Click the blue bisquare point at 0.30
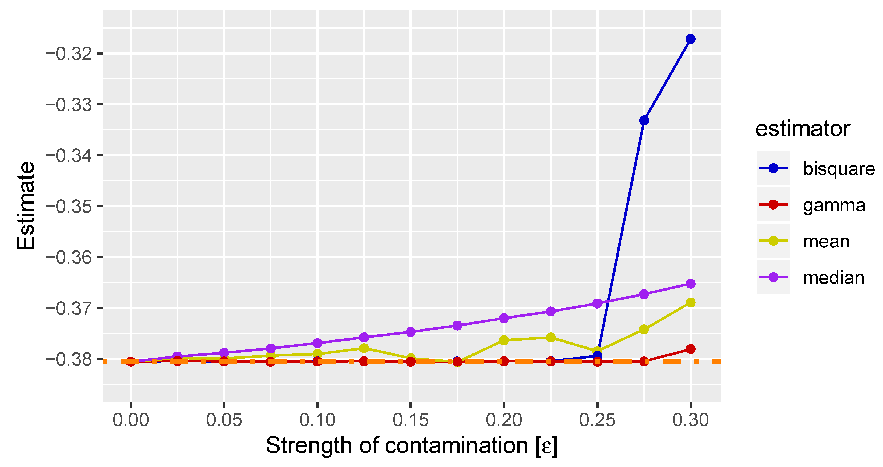[x=690, y=39]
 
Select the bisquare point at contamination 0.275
[x=644, y=120]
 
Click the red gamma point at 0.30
[x=690, y=349]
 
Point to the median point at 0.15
[x=410, y=332]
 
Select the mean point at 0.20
[x=504, y=340]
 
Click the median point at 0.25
[x=597, y=303]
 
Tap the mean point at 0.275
[x=644, y=329]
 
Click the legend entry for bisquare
[x=838, y=169]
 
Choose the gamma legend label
[x=834, y=205]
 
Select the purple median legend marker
[x=773, y=277]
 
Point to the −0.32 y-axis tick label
[x=69, y=54]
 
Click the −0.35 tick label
[x=69, y=207]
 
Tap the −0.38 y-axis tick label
[x=69, y=359]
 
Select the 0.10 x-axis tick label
[x=317, y=420]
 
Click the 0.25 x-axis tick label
[x=597, y=420]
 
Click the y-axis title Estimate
[x=26, y=206]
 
